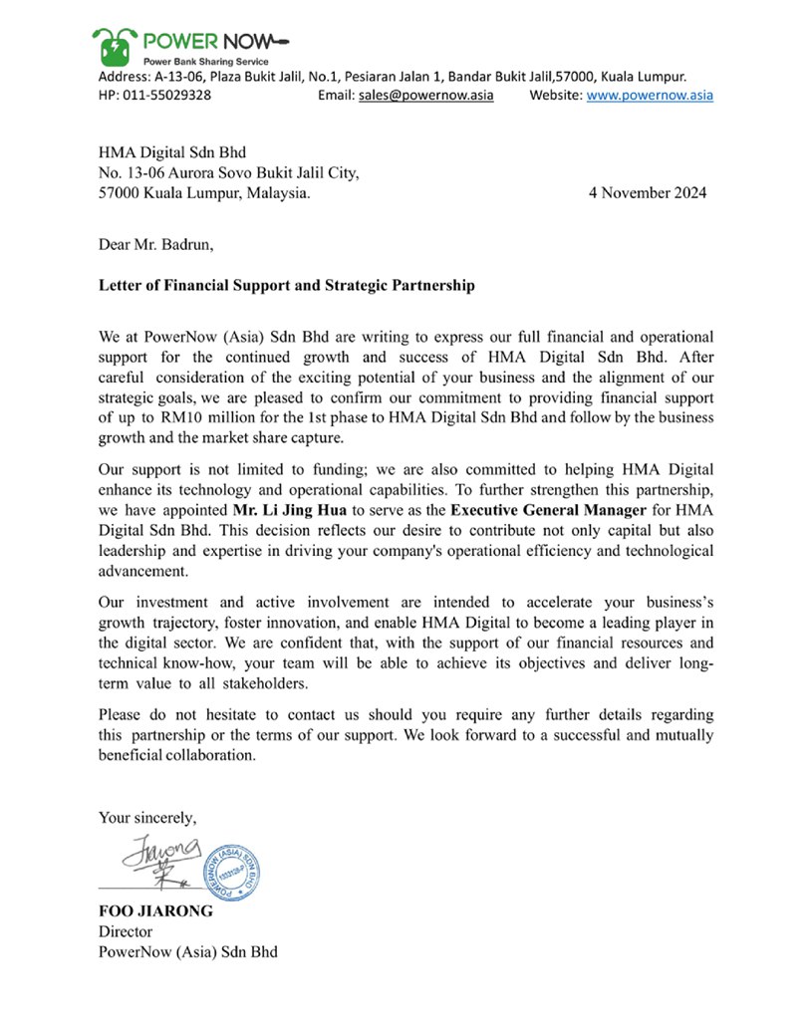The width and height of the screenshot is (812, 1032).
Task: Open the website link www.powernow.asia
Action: coord(650,96)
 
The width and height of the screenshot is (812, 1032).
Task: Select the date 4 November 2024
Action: coord(649,193)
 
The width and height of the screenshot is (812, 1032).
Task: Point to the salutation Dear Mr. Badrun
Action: coord(155,242)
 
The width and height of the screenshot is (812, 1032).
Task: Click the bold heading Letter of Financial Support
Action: coord(287,286)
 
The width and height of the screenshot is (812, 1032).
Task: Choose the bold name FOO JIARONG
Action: coord(155,911)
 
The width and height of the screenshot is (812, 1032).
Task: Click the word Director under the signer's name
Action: coord(126,932)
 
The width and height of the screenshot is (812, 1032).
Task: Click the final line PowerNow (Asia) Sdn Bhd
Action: coord(187,952)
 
